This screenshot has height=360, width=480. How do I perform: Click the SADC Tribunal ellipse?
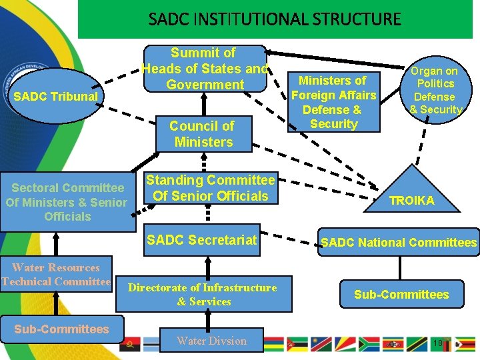[x=56, y=97]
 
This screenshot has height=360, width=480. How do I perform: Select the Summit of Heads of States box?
[x=205, y=69]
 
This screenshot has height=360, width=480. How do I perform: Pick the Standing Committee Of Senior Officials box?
[x=210, y=188]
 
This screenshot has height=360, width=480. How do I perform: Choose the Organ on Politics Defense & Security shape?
[x=435, y=90]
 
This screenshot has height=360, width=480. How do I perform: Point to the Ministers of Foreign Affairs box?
[x=333, y=102]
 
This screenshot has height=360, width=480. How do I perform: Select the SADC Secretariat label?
[x=201, y=240]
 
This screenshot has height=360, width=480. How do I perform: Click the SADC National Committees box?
[x=399, y=243]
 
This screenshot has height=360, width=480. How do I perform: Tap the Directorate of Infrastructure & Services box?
[x=203, y=294]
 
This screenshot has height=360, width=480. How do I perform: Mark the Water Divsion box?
[x=211, y=341]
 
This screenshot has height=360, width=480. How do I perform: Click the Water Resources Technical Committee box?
[x=56, y=275]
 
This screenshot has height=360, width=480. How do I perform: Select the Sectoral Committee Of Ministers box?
[x=67, y=202]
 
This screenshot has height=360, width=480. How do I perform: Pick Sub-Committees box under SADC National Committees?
[x=401, y=294]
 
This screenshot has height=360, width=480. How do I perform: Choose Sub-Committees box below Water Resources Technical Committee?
[x=62, y=329]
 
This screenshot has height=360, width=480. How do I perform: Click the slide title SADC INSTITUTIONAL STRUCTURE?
[x=275, y=19]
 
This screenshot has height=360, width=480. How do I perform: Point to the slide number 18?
[x=437, y=343]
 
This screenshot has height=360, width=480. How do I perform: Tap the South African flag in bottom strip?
[x=369, y=344]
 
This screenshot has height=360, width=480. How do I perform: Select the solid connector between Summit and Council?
[x=204, y=105]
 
